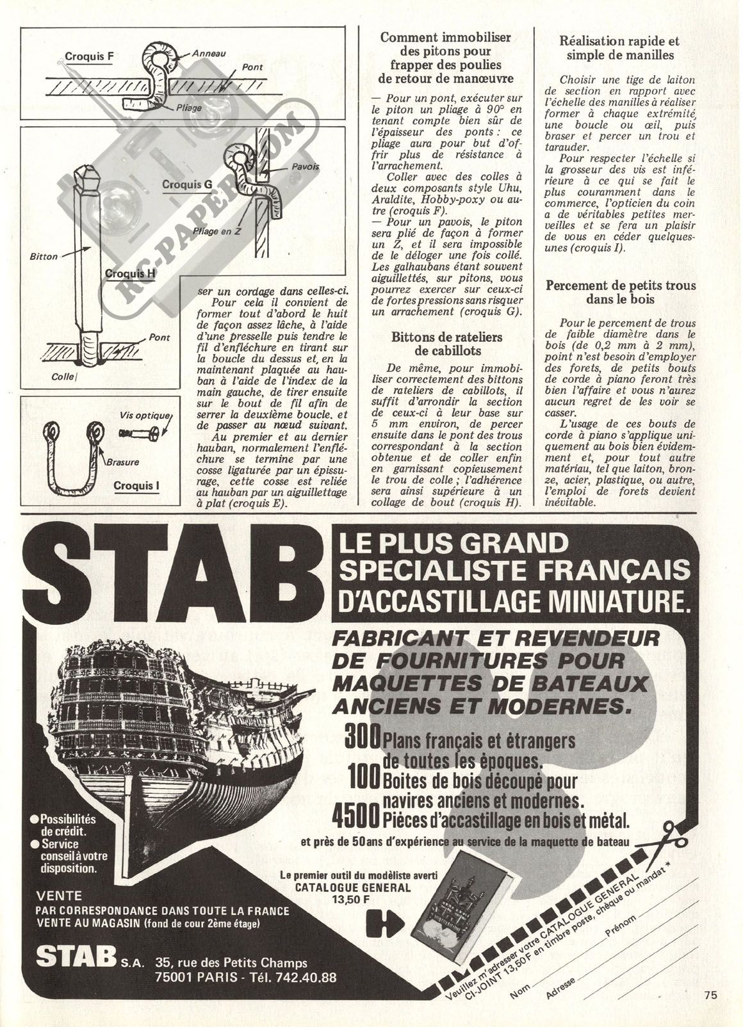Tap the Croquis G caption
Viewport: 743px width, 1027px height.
187,184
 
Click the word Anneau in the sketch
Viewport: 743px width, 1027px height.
209,54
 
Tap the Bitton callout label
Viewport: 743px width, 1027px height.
44,257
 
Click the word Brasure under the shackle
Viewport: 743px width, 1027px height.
122,461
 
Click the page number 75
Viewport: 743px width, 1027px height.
709,994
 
